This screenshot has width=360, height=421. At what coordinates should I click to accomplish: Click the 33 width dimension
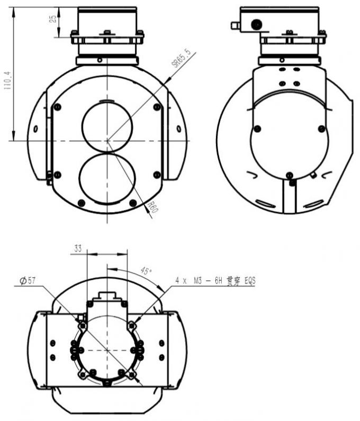pos(78,249)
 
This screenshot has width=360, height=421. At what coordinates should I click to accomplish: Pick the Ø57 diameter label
pos(28,281)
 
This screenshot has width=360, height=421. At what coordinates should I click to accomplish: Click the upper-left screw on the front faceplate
pos(58,107)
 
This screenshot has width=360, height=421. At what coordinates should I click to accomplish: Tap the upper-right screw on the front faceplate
pos(157,107)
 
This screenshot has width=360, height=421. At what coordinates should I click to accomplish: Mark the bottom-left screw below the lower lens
pos(81,203)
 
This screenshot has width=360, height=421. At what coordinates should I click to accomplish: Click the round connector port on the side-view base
pos(256,24)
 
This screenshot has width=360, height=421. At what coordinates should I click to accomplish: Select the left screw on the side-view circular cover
pos(257,129)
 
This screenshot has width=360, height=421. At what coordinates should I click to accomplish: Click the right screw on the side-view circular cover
pos(321,129)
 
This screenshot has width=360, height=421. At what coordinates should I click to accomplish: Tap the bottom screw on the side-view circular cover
pos(289,175)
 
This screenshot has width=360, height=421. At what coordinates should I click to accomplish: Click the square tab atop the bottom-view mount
pos(107,295)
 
